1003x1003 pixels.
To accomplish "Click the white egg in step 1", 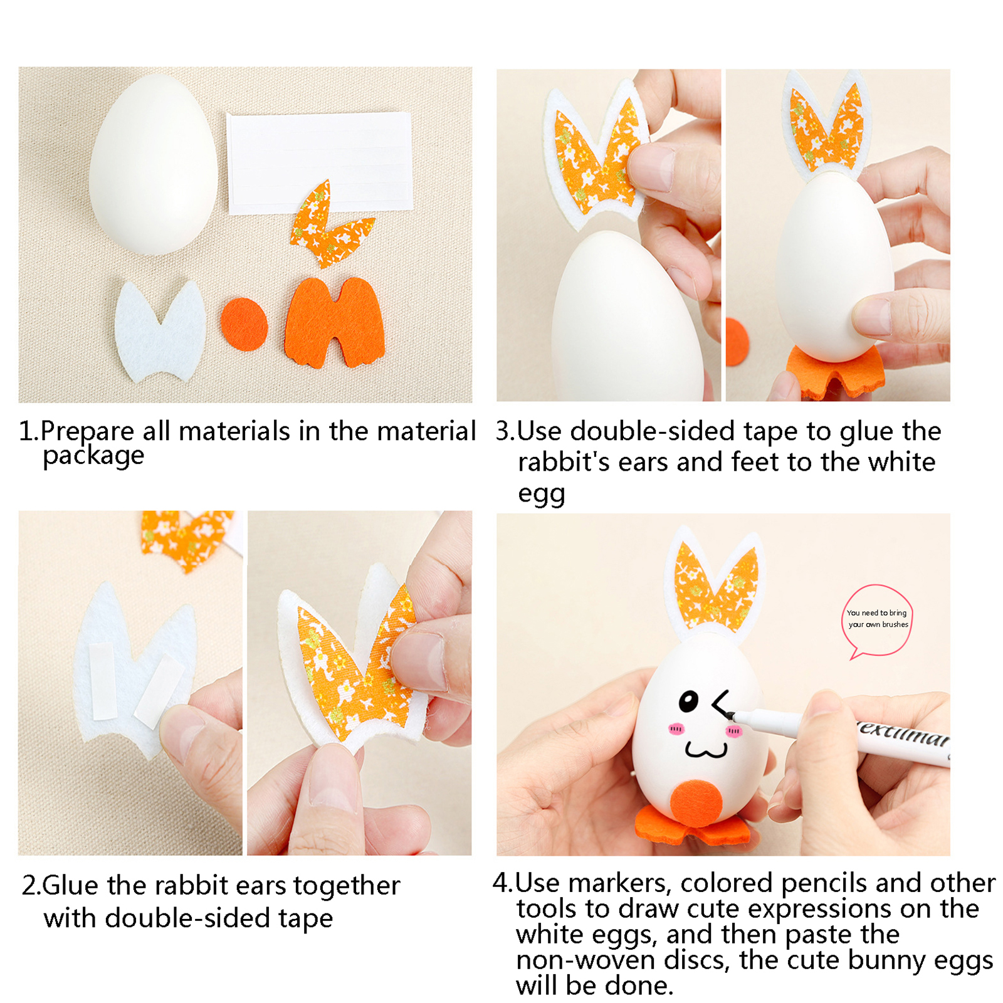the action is [x=154, y=164].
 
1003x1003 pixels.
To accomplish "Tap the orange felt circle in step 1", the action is [x=244, y=324].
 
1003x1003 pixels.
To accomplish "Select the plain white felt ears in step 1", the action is [x=160, y=330].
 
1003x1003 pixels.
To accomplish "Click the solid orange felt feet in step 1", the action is [x=334, y=322].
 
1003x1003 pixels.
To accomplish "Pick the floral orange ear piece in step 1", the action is [x=331, y=224].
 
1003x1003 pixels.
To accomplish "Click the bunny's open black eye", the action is [x=688, y=701].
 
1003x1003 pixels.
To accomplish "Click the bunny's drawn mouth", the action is [x=706, y=748].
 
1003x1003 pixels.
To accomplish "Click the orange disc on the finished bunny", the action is [x=696, y=806].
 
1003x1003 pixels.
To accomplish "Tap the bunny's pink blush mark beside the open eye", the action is [x=676, y=728].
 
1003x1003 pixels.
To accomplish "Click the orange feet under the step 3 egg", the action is [x=835, y=373].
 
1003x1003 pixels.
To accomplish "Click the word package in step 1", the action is [x=93, y=456].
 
